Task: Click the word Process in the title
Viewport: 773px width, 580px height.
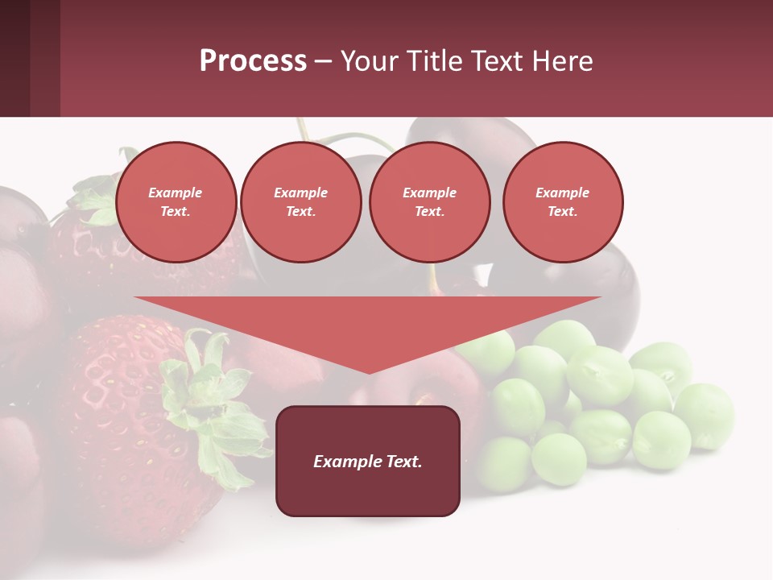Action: (253, 61)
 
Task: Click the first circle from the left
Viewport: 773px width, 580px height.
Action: (176, 202)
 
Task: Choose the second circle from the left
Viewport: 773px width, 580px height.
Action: (301, 202)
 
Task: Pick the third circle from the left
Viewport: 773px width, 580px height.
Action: (429, 202)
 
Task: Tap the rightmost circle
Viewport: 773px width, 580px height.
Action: (563, 202)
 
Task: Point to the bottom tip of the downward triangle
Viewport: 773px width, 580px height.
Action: (369, 372)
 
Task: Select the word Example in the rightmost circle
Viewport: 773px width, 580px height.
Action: (562, 193)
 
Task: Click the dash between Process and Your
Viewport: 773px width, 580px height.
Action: (323, 61)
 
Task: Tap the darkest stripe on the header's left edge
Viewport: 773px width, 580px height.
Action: (14, 58)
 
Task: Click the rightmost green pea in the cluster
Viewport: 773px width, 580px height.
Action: (704, 415)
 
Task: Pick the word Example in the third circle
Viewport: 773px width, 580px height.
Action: (429, 193)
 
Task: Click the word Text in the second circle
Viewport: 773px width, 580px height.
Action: (300, 212)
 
